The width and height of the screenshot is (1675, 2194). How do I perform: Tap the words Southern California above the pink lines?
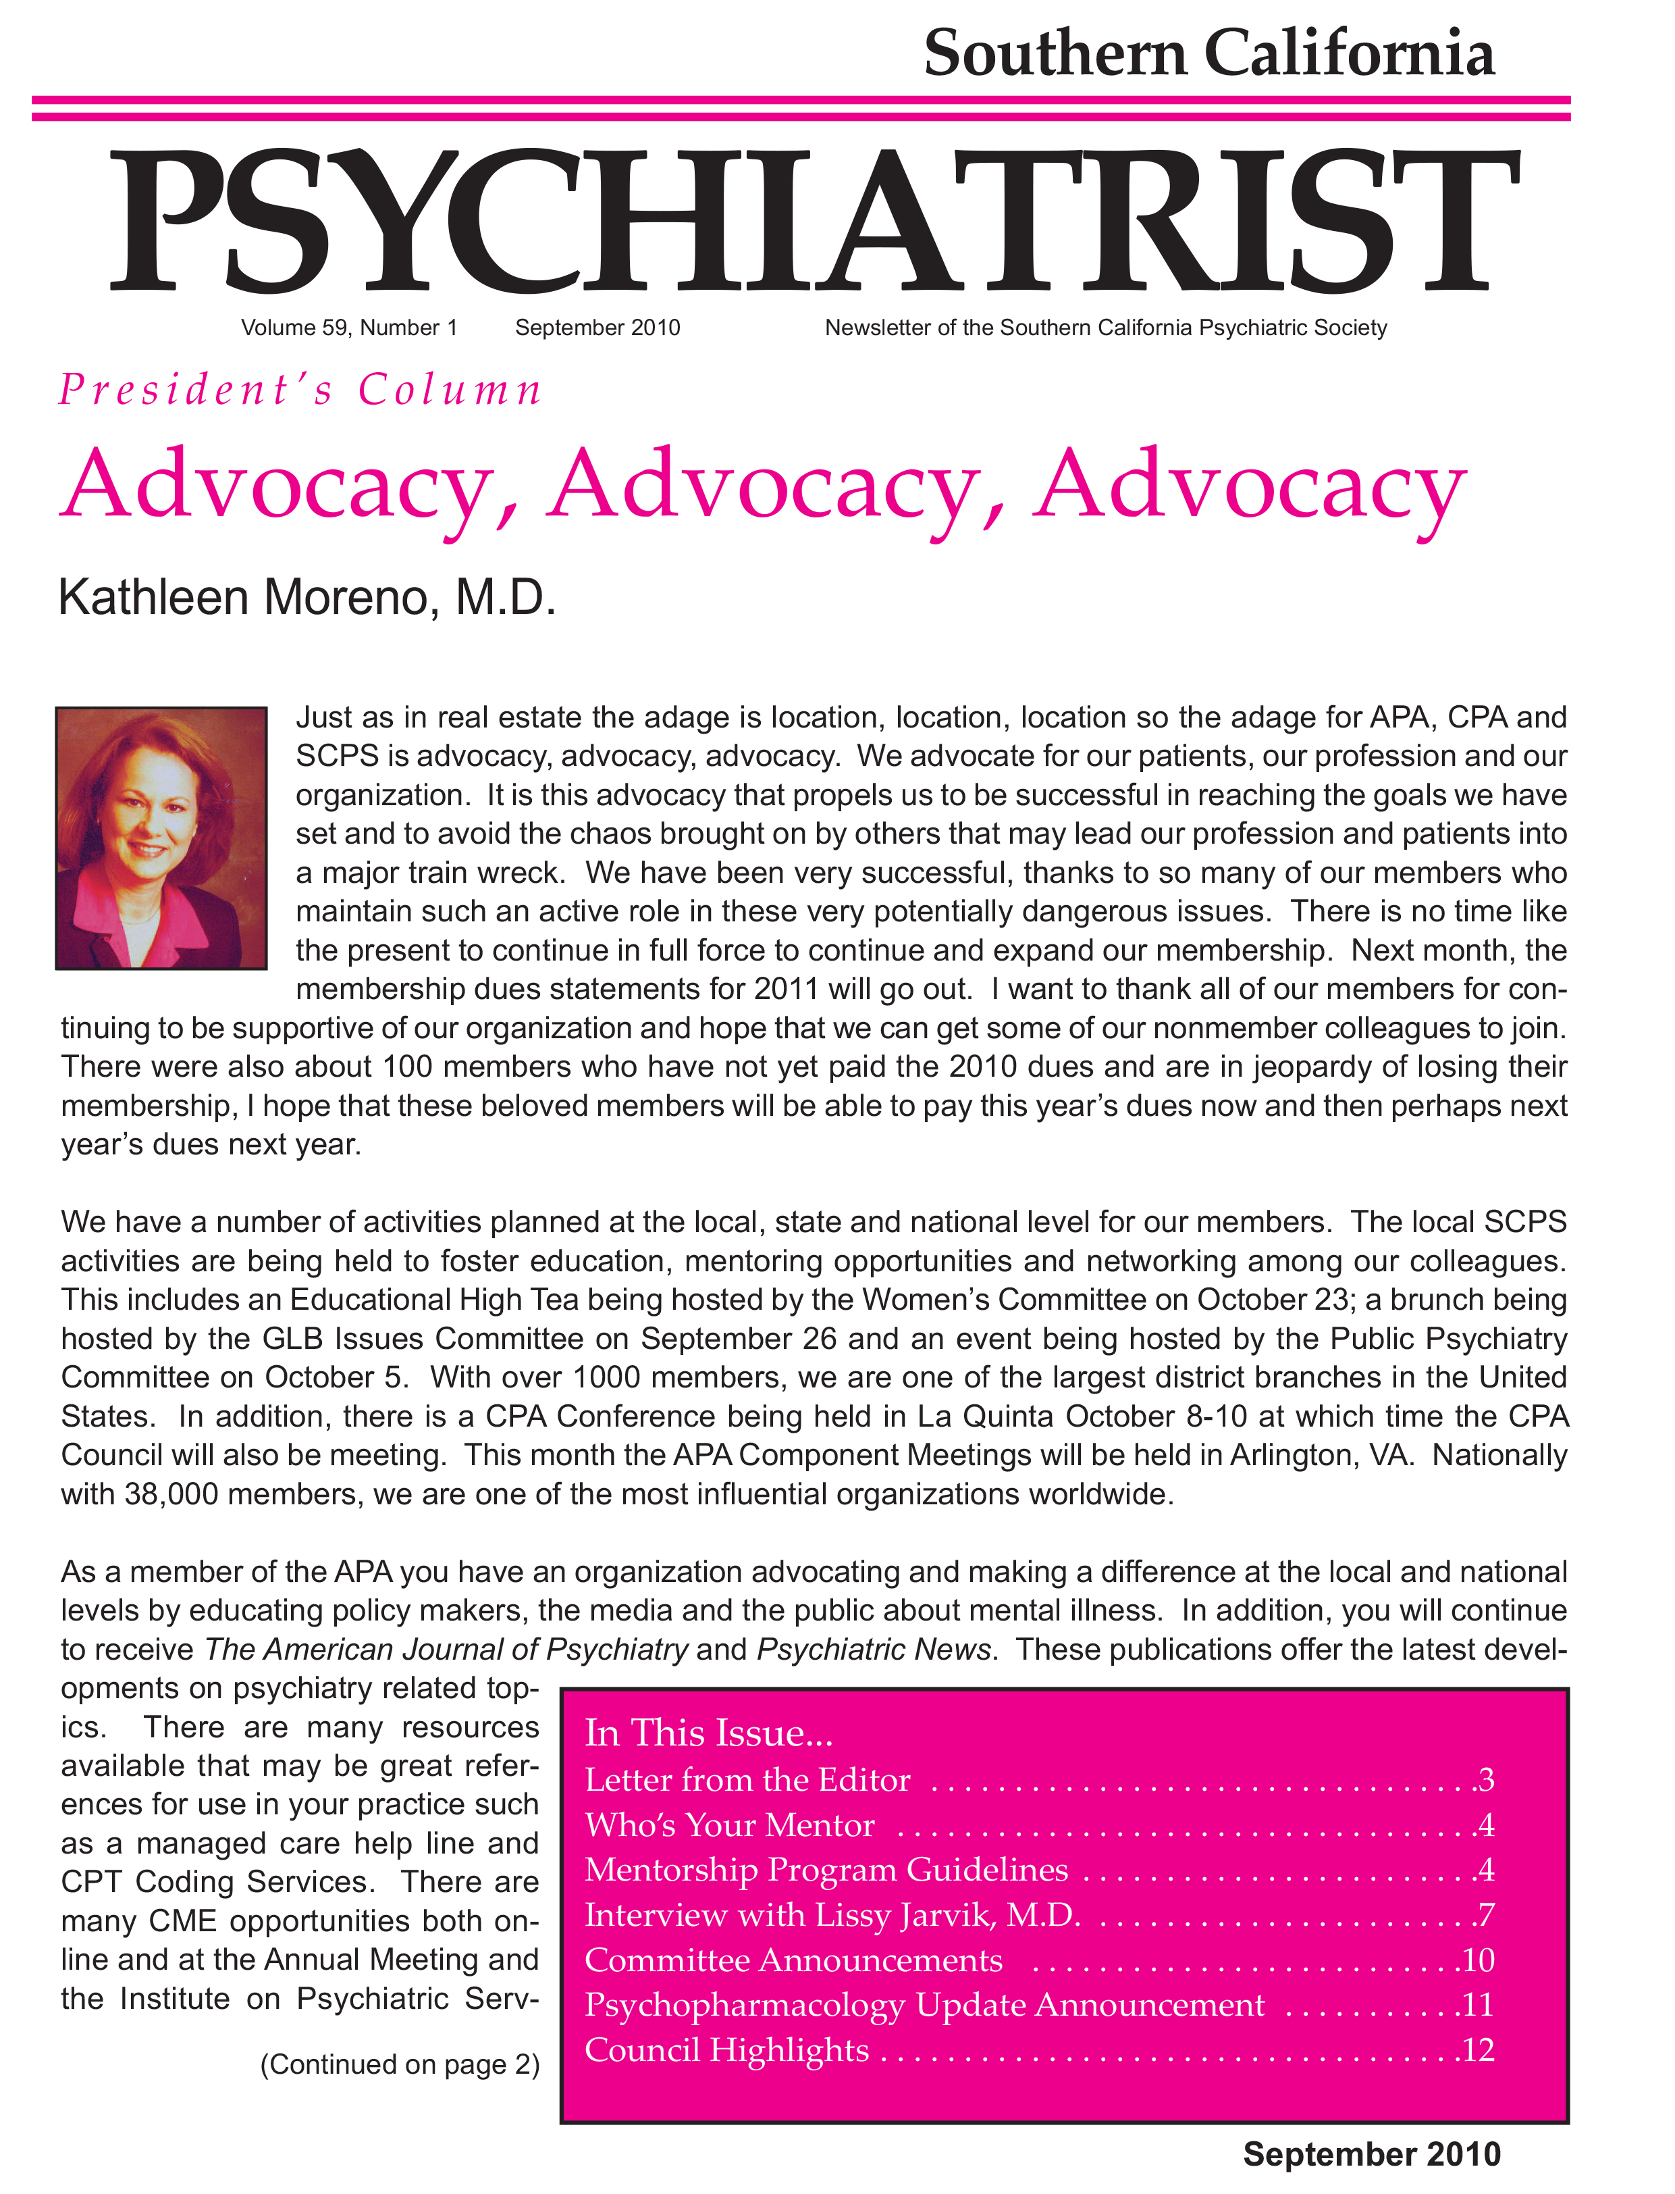tap(1208, 54)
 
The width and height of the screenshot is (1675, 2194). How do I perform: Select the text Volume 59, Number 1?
tap(349, 328)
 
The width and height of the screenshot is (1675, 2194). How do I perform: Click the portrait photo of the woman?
tap(161, 838)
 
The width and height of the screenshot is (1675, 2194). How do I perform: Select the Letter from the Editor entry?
tap(748, 1780)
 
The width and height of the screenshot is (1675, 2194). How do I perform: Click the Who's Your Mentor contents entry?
tap(730, 1825)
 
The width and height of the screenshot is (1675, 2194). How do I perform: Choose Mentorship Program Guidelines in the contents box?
tap(826, 1870)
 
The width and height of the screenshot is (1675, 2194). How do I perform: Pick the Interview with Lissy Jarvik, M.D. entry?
tap(832, 1915)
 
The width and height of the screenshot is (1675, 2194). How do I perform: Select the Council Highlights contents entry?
tap(726, 2050)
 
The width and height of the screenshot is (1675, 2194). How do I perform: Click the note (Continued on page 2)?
tap(400, 2064)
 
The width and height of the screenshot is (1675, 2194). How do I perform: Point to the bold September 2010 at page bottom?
tap(1371, 2155)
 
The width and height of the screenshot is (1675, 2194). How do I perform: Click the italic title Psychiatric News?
tap(874, 1650)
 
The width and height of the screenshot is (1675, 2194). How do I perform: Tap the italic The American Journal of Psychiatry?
tap(446, 1650)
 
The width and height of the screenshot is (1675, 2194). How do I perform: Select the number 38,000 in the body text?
tap(171, 1494)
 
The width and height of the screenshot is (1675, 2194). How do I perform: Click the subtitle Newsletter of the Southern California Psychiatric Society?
tap(1106, 328)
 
